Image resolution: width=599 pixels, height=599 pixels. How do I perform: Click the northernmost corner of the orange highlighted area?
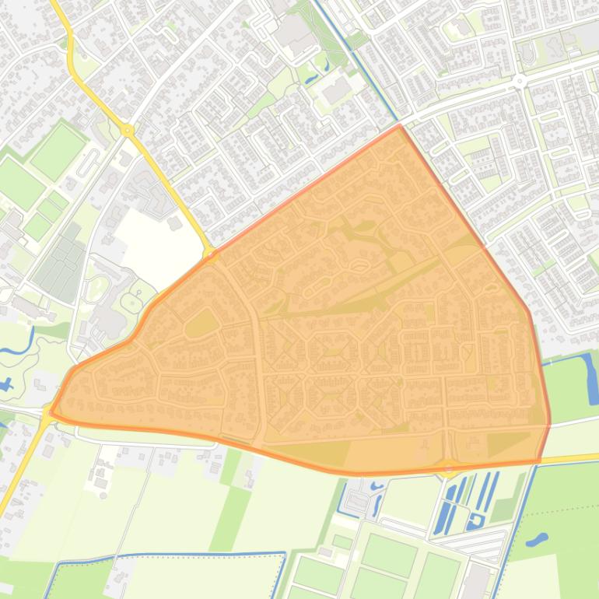[400, 125]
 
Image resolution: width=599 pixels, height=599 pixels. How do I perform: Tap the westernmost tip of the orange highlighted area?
[50, 414]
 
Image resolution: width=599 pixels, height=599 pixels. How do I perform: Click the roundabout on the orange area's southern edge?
[449, 468]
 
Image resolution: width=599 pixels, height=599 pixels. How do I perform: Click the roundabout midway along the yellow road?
[128, 131]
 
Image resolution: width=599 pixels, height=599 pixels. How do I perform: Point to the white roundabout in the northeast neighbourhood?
[519, 81]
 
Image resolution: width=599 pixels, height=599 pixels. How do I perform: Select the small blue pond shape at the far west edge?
[8, 384]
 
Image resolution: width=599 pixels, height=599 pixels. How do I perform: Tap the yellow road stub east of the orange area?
[569, 459]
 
